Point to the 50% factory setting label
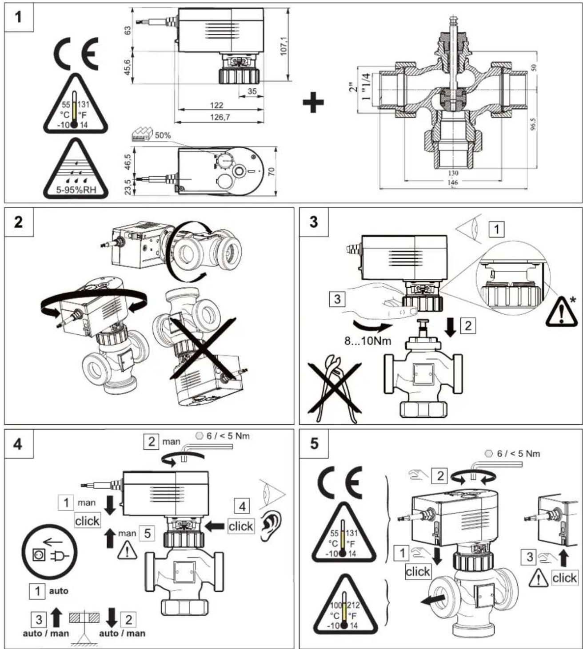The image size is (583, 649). (x=163, y=135)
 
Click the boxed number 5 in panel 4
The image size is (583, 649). (x=148, y=534)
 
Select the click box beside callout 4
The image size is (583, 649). (x=240, y=526)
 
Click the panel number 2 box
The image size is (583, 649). (x=18, y=222)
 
